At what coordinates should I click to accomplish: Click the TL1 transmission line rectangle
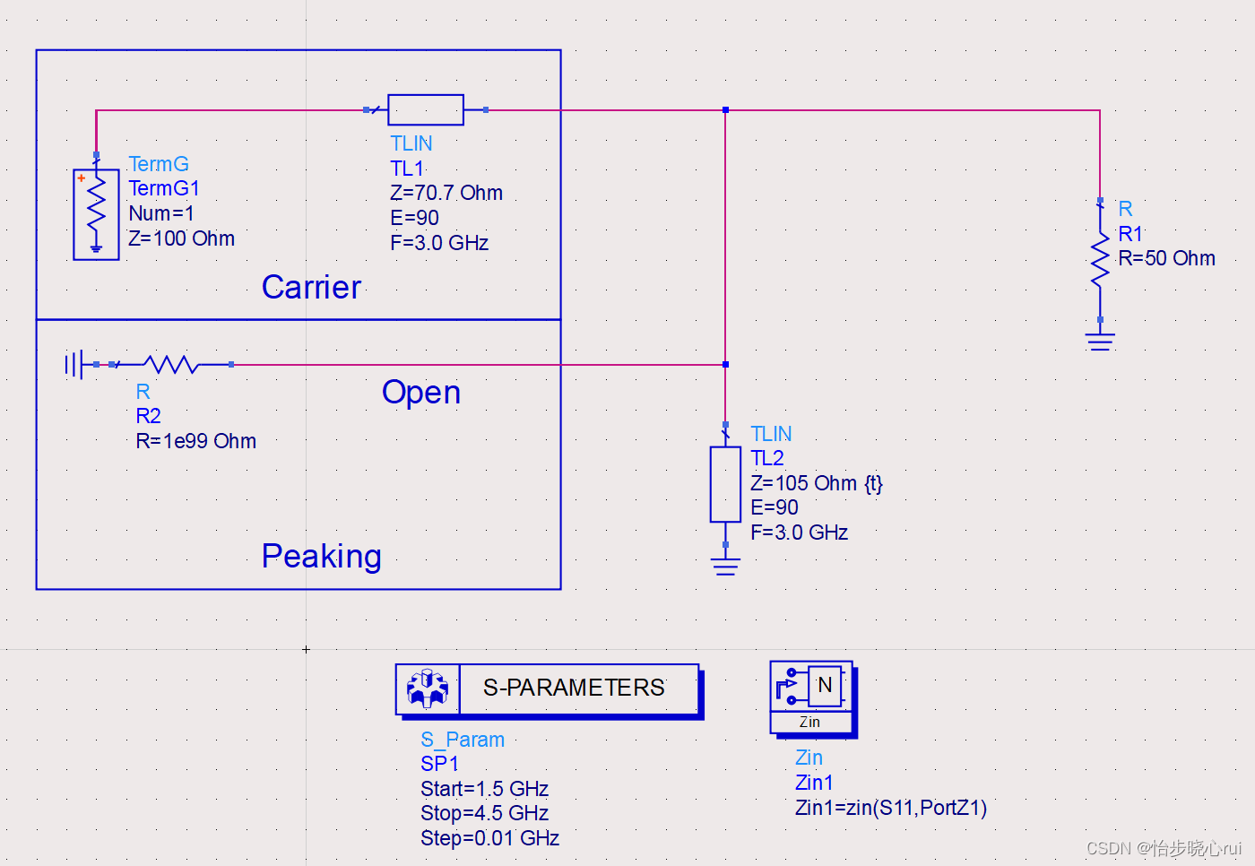(426, 109)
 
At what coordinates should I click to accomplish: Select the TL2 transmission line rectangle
(725, 484)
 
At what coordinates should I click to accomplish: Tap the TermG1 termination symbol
(96, 214)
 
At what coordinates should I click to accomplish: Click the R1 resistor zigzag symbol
(1100, 260)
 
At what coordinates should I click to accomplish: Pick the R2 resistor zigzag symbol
(172, 364)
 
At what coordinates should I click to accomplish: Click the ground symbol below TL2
(725, 566)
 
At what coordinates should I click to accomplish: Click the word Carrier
(311, 287)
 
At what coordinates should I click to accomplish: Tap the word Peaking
(321, 556)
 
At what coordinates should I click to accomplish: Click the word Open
(420, 393)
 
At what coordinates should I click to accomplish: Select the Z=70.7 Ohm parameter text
(446, 193)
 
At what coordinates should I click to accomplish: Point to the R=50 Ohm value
(1166, 258)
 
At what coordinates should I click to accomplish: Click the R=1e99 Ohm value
(195, 441)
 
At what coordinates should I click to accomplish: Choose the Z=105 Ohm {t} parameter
(816, 483)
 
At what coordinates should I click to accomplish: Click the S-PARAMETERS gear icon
(428, 688)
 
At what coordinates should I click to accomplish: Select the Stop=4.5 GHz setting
(484, 813)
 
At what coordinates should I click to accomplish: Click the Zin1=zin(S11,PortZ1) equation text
(890, 808)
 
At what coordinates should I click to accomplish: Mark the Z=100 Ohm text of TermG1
(181, 238)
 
